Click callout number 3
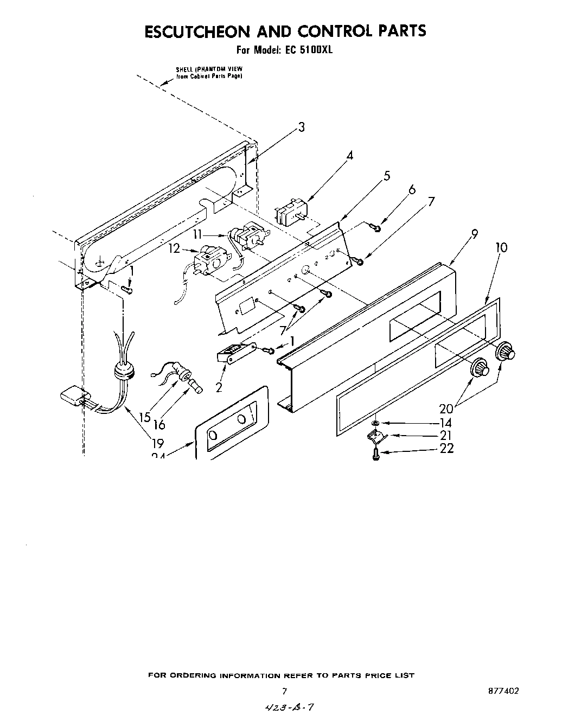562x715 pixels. pyautogui.click(x=301, y=127)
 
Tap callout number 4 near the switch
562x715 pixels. pyautogui.click(x=350, y=156)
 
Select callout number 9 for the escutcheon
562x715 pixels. pyautogui.click(x=475, y=234)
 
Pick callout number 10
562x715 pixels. pyautogui.click(x=501, y=247)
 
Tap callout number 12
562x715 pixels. pyautogui.click(x=174, y=249)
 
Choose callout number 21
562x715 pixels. pyautogui.click(x=446, y=436)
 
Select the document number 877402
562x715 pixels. pyautogui.click(x=503, y=691)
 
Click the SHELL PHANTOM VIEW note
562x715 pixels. pyautogui.click(x=208, y=73)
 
